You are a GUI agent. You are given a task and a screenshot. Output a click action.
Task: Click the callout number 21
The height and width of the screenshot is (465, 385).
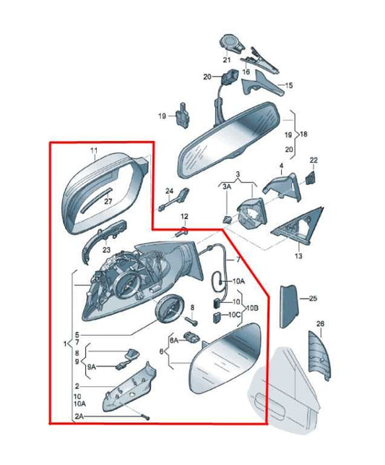pyautogui.click(x=227, y=60)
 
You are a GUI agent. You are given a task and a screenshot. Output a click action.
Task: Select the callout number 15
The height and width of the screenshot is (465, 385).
pyautogui.click(x=289, y=85)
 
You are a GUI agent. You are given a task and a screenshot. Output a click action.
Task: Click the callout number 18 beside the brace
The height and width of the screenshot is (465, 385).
pyautogui.click(x=303, y=134)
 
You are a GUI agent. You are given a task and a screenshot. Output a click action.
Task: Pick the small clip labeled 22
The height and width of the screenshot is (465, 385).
pyautogui.click(x=310, y=178)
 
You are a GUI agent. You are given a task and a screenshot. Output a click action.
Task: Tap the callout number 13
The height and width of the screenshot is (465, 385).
pyautogui.click(x=298, y=255)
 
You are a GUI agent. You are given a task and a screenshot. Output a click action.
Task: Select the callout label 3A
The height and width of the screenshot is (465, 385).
pyautogui.click(x=227, y=187)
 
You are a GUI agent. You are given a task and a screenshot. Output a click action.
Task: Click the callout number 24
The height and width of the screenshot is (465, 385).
pyautogui.click(x=169, y=191)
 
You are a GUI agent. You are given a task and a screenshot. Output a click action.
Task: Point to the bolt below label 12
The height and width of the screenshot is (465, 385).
pyautogui.click(x=181, y=232)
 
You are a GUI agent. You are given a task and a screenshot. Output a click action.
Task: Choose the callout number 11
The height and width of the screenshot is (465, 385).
pyautogui.click(x=94, y=150)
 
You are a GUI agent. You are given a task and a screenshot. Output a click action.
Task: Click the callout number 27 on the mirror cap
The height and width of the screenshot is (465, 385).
pyautogui.click(x=108, y=201)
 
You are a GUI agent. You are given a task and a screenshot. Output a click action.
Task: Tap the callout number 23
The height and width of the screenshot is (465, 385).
pyautogui.click(x=106, y=250)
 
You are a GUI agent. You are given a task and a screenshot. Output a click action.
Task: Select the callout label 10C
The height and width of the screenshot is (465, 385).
pyautogui.click(x=235, y=315)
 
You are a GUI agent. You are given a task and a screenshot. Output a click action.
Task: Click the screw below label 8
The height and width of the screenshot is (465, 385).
pyautogui.click(x=191, y=320)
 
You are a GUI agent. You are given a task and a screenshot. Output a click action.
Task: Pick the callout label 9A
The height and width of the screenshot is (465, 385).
pyautogui.click(x=92, y=367)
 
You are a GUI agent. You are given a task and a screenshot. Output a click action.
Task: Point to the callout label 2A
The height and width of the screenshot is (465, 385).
pyautogui.click(x=79, y=417)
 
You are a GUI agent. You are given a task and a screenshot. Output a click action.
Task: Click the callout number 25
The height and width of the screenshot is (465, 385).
pyautogui.click(x=313, y=299)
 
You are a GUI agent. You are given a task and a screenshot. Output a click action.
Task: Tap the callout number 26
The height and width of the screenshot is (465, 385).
pyautogui.click(x=320, y=324)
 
